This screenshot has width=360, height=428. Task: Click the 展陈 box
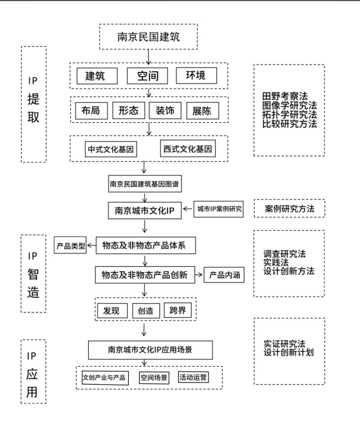(202, 111)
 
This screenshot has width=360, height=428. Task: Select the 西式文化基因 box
(187, 149)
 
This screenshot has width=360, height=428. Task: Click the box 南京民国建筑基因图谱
(145, 185)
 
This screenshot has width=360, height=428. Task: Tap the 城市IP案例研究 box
(218, 209)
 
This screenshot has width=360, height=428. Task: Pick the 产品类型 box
(70, 245)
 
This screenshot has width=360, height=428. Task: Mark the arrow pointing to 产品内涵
(200, 275)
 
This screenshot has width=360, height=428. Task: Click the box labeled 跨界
(178, 310)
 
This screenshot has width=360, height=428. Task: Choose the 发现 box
(111, 310)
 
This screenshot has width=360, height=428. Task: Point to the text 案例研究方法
(289, 209)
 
